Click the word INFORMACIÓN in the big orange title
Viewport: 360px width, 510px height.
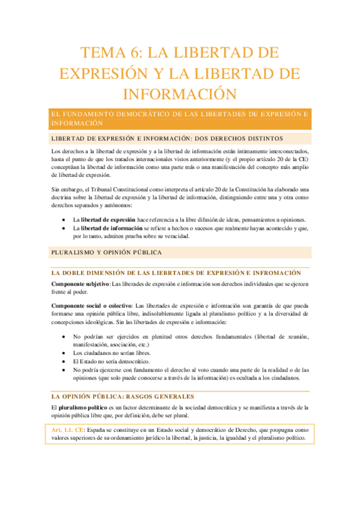click(x=180, y=94)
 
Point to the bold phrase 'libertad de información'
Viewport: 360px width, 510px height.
click(x=112, y=229)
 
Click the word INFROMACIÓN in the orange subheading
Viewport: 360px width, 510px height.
click(x=271, y=273)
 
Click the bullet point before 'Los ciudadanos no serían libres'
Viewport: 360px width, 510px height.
click(x=64, y=353)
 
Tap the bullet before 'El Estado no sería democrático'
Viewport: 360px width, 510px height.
click(x=64, y=361)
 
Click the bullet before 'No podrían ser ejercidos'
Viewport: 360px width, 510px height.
click(x=64, y=337)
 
